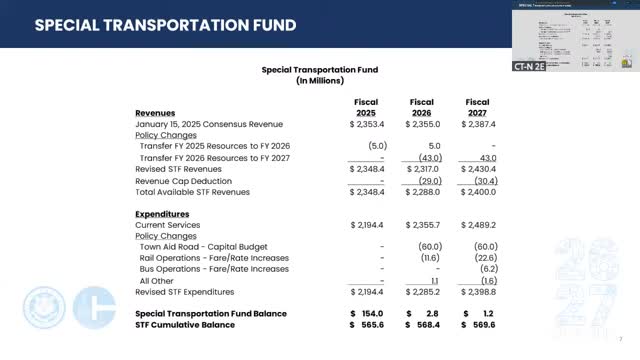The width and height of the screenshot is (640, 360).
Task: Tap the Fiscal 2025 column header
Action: pyautogui.click(x=365, y=107)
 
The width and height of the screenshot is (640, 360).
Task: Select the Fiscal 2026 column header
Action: pyautogui.click(x=421, y=107)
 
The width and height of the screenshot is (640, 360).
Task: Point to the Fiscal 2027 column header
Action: pyautogui.click(x=477, y=107)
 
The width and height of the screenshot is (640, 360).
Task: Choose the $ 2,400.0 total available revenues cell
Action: pyautogui.click(x=478, y=192)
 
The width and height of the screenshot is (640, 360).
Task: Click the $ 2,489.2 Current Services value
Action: pyautogui.click(x=478, y=226)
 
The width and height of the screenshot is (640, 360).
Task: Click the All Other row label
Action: pyautogui.click(x=160, y=281)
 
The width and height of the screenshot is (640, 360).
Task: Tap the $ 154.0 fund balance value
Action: pyautogui.click(x=366, y=313)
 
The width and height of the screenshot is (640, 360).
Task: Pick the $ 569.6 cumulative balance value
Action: pyautogui.click(x=478, y=324)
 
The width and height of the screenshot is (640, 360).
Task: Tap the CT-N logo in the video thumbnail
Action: pyautogui.click(x=532, y=65)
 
